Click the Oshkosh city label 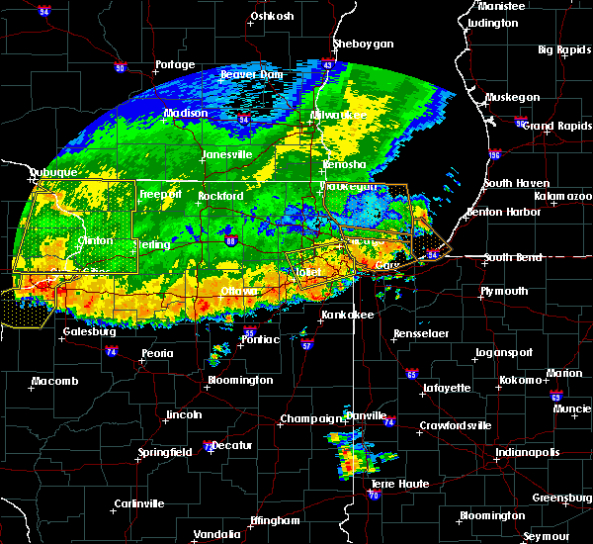tap(272, 17)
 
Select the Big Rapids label tap(558, 49)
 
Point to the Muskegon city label tap(512, 98)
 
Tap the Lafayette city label tap(445, 389)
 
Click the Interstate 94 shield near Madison tap(244, 120)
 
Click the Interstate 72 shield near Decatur tap(206, 447)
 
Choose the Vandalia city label tap(217, 534)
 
